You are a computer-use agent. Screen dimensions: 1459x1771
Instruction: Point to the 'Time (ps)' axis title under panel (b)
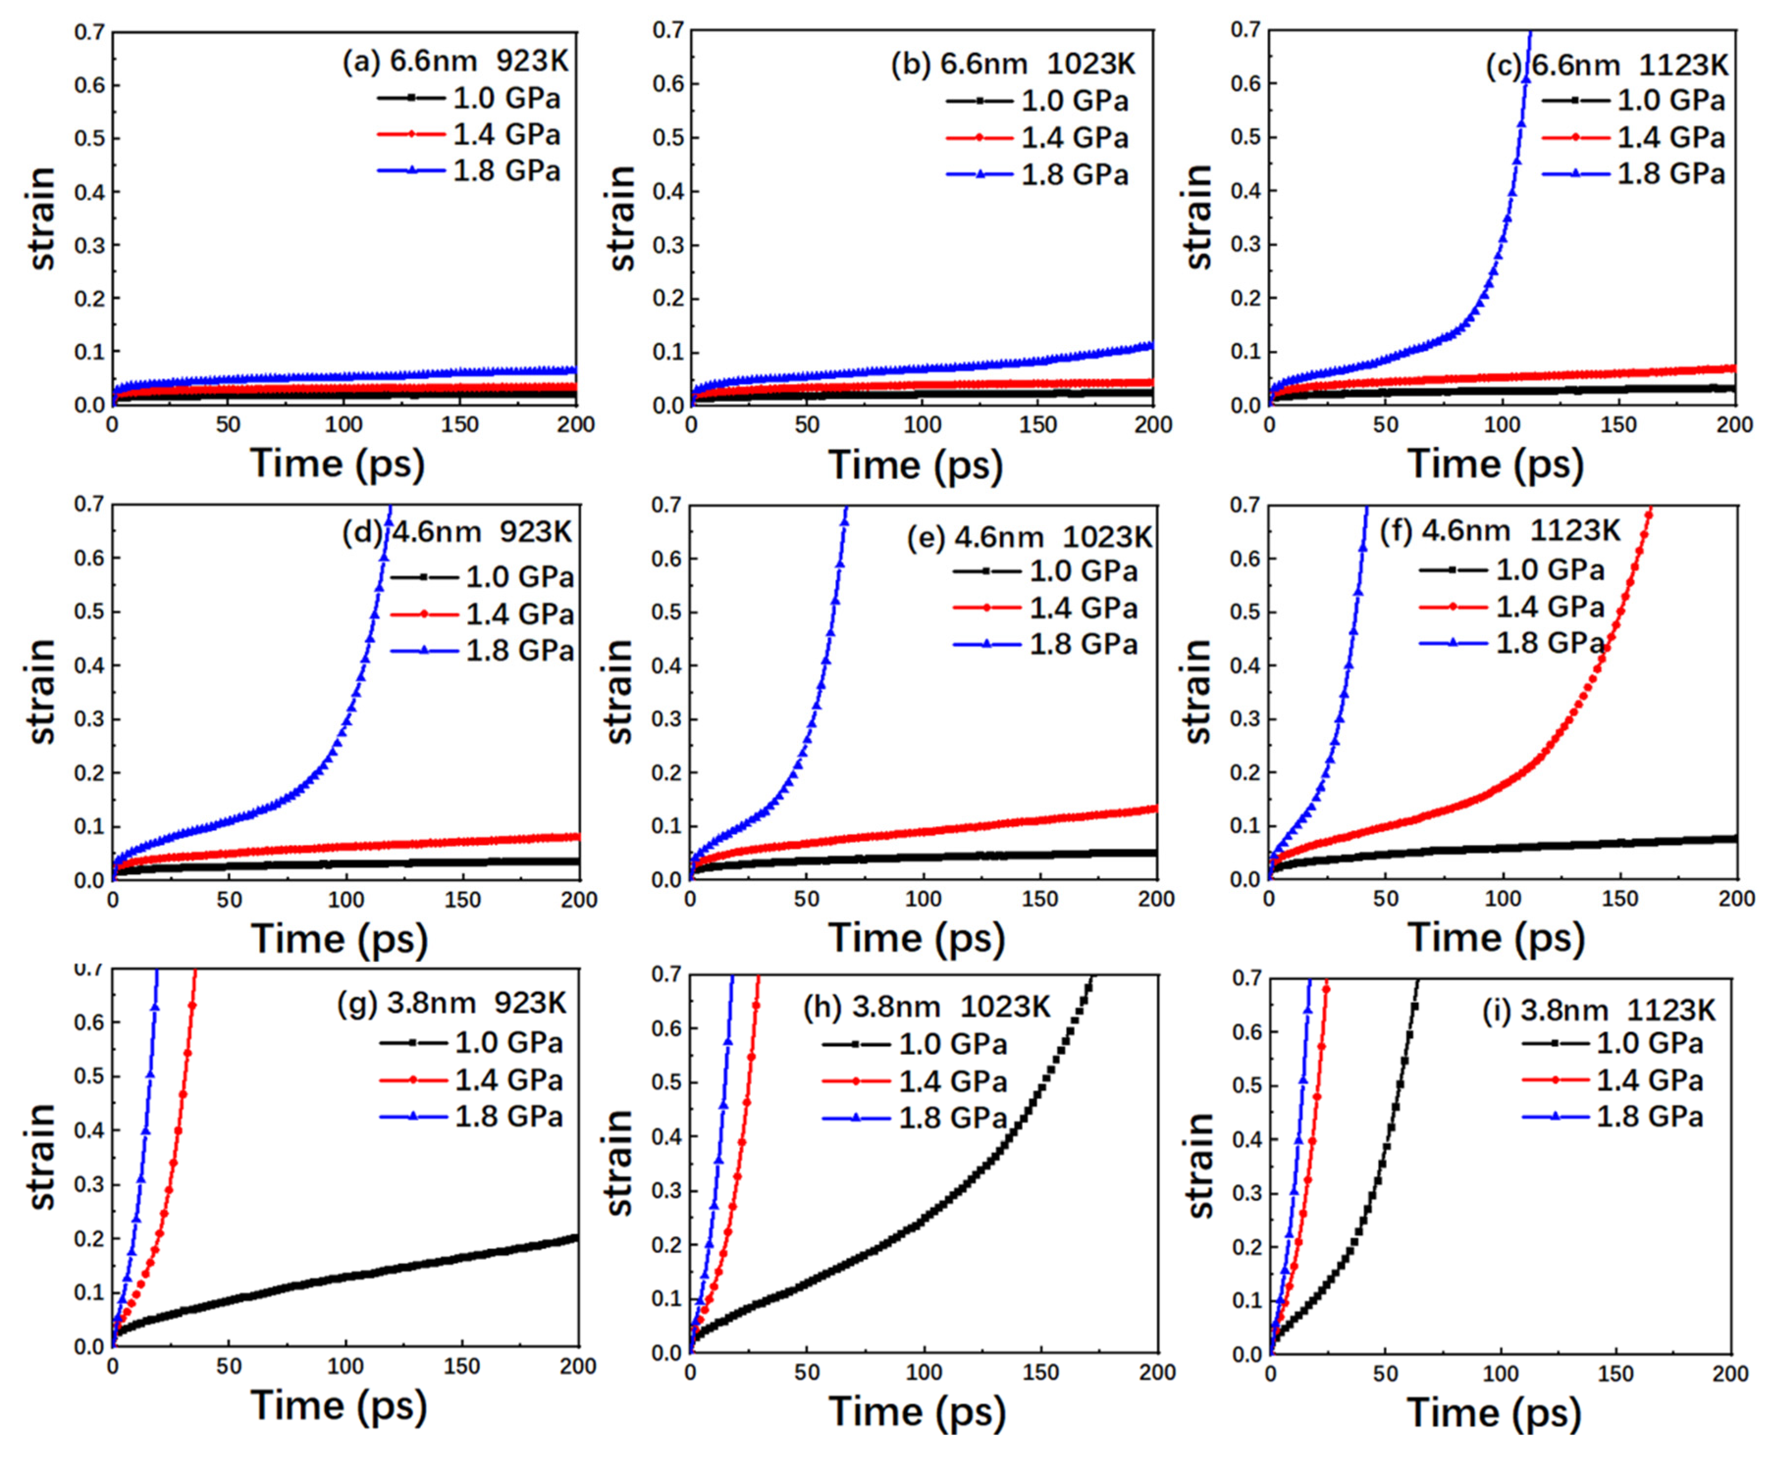916,465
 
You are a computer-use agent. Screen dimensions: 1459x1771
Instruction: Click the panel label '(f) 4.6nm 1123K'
1500,531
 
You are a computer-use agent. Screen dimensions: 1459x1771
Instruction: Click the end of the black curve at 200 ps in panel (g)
577,1237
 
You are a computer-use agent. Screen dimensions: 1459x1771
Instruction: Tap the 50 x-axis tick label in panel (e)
806,899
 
